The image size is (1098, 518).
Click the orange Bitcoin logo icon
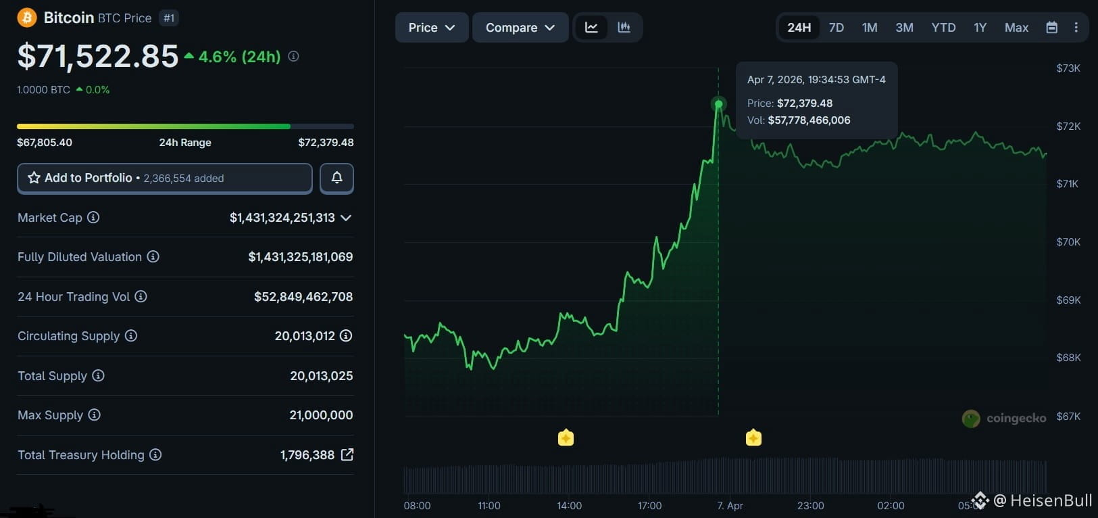(x=27, y=18)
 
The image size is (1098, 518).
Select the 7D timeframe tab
(x=837, y=28)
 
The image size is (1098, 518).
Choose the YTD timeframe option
(x=943, y=28)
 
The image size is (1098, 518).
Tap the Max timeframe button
(x=1016, y=28)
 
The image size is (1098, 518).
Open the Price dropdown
(x=432, y=28)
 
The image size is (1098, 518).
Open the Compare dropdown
(x=520, y=28)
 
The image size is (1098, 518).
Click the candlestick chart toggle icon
(x=624, y=27)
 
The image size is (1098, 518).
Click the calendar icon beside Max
(x=1051, y=28)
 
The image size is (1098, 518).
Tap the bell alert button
(x=336, y=178)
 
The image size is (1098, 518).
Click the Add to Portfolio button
(x=165, y=178)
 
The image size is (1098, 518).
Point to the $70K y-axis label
(x=1068, y=242)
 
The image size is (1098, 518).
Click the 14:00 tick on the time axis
(x=569, y=505)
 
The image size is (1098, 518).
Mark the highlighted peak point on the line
(x=719, y=104)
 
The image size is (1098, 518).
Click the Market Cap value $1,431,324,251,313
(x=282, y=217)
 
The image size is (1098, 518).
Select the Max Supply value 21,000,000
(x=321, y=415)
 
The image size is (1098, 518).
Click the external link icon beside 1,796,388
(x=347, y=454)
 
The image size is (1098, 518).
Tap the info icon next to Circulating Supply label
(x=131, y=335)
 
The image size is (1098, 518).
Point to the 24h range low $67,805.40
(x=45, y=142)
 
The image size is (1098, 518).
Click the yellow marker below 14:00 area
(x=566, y=437)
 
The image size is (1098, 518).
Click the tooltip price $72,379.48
(x=804, y=103)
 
